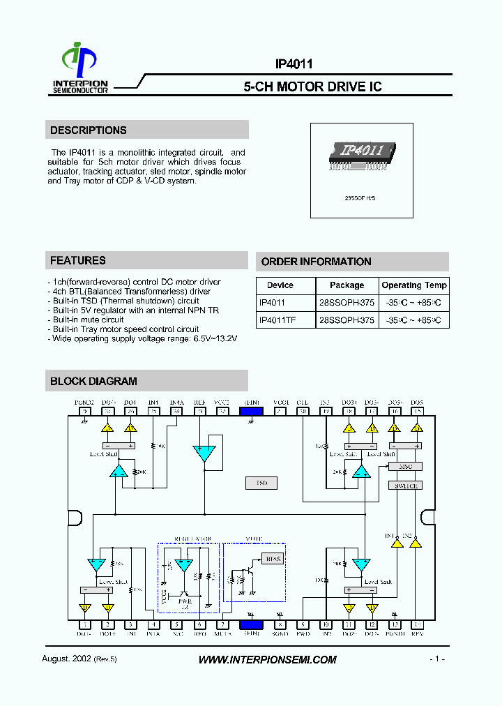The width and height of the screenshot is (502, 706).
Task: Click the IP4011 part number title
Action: (x=294, y=63)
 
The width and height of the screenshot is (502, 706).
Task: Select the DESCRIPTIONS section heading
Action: (x=89, y=130)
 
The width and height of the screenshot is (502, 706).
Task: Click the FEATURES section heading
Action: (x=78, y=260)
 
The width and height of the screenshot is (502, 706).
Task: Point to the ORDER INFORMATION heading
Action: (x=316, y=262)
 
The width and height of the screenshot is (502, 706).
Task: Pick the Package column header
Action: (x=347, y=285)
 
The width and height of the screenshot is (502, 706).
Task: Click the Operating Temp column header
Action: (x=414, y=285)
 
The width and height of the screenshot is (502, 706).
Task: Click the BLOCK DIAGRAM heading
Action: (x=93, y=381)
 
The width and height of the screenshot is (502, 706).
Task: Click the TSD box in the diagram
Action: (x=261, y=483)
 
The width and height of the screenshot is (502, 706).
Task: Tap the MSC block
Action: (x=405, y=467)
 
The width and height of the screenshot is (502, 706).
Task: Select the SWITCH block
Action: (x=405, y=486)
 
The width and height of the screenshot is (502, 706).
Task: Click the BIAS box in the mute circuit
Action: (x=273, y=559)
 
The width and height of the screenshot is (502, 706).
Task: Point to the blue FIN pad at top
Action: (x=251, y=412)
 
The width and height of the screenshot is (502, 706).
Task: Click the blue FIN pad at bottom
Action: (x=251, y=625)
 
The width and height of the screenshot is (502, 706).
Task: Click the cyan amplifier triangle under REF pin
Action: (x=204, y=453)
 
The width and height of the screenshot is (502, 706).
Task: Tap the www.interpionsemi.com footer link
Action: (x=267, y=659)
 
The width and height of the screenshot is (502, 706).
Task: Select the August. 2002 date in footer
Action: (x=67, y=659)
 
